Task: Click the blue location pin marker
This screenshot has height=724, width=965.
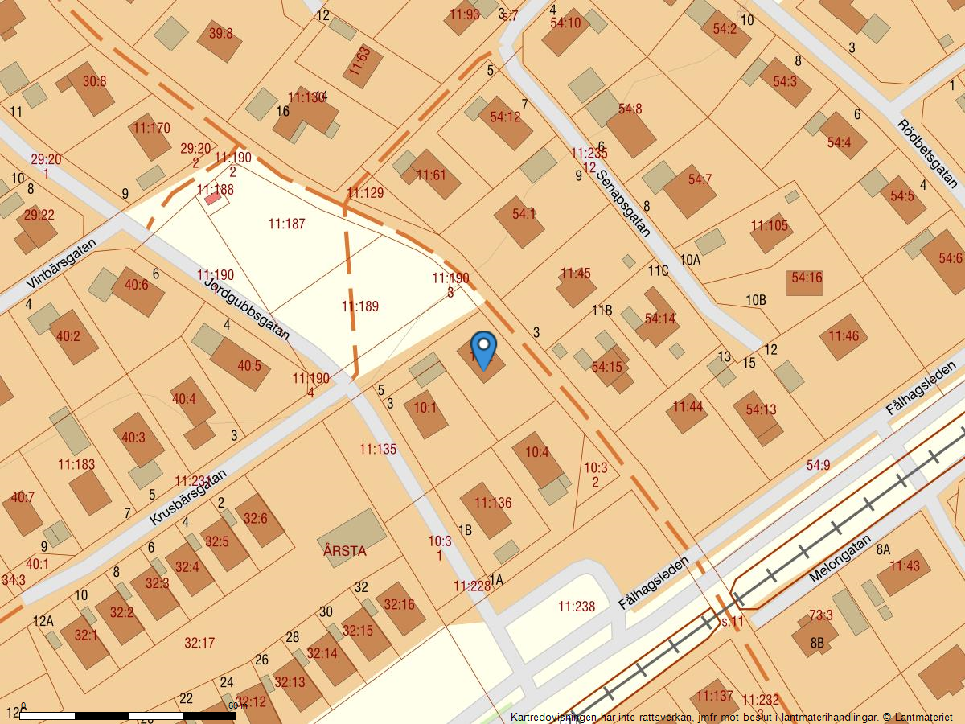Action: click(483, 349)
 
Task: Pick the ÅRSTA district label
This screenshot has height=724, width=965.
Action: click(344, 551)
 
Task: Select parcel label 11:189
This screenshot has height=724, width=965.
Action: click(359, 306)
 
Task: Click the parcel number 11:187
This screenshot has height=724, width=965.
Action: click(286, 224)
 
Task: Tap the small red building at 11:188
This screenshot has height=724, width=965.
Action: click(212, 198)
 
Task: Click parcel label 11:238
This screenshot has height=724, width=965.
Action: click(577, 607)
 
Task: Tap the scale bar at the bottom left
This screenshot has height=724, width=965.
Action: click(129, 714)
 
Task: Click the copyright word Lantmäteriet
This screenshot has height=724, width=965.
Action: click(923, 716)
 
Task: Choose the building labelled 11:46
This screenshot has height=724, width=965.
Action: click(844, 336)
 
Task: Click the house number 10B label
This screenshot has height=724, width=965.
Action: click(755, 300)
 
